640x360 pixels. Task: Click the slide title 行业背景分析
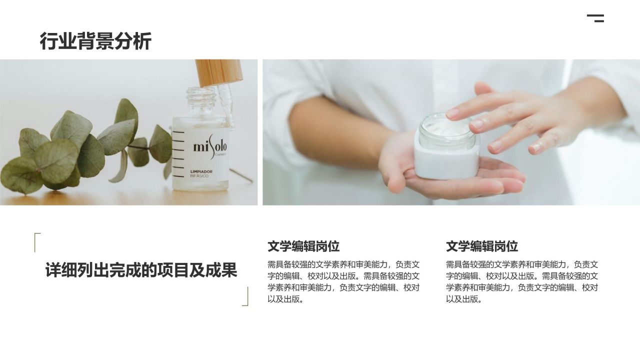click(95, 41)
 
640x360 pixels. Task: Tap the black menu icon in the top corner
click(595, 18)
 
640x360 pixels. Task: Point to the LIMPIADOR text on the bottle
click(201, 171)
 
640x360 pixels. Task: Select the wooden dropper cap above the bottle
click(219, 72)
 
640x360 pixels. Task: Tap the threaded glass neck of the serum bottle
click(200, 96)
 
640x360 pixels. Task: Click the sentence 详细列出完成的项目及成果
click(141, 270)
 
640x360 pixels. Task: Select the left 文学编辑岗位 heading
click(303, 246)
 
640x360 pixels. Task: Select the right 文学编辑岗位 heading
click(481, 246)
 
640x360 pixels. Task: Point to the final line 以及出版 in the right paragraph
click(464, 299)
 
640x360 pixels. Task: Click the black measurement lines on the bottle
click(178, 154)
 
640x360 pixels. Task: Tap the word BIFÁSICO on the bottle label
click(199, 176)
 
